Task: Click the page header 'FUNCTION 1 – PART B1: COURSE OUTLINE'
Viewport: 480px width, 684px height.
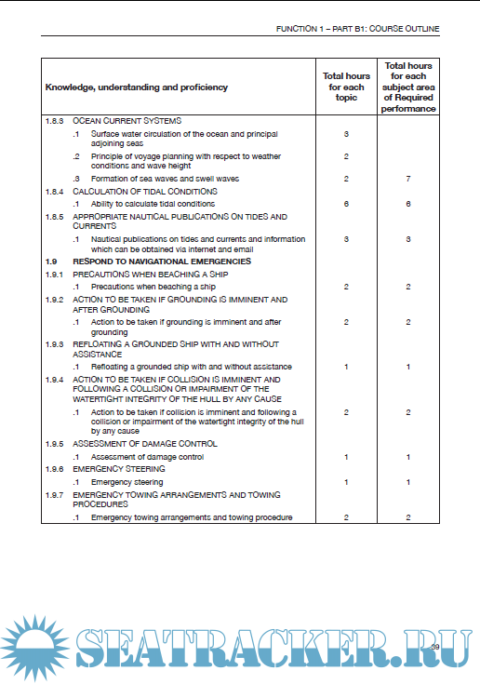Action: [x=357, y=29]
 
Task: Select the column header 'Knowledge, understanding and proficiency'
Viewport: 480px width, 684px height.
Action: [x=136, y=87]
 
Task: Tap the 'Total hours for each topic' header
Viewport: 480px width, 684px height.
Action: [x=345, y=87]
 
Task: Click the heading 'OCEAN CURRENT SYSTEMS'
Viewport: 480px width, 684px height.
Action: [x=127, y=121]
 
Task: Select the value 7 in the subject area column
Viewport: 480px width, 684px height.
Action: [x=408, y=178]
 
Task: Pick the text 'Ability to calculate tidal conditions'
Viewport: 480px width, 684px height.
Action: [x=153, y=203]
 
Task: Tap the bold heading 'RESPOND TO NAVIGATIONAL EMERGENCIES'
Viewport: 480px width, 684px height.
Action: [x=161, y=262]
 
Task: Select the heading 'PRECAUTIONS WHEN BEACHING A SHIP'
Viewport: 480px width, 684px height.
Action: [x=150, y=275]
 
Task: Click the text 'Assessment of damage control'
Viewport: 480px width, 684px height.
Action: [x=147, y=457]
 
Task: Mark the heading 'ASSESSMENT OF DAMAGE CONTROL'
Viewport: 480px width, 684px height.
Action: [x=144, y=444]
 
